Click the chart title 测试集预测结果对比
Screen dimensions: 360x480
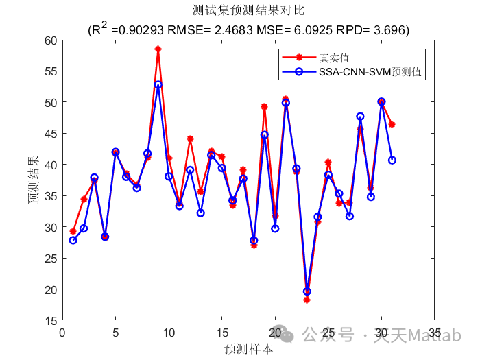pos(248,11)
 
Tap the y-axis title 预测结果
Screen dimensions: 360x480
pos(33,180)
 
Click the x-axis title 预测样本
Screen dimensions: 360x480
pos(248,348)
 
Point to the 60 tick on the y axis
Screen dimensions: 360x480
pos(51,40)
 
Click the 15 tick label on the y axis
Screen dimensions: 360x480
pos(51,320)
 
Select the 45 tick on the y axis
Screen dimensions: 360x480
pos(51,133)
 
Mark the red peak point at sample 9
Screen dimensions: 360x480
pos(158,49)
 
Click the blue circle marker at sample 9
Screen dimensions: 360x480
pos(158,85)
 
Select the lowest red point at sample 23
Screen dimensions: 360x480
pos(307,300)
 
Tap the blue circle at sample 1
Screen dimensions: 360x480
pos(73,240)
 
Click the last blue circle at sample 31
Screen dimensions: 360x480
pos(392,160)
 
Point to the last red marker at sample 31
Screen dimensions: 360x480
pos(392,124)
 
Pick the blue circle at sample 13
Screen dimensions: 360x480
pos(200,213)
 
